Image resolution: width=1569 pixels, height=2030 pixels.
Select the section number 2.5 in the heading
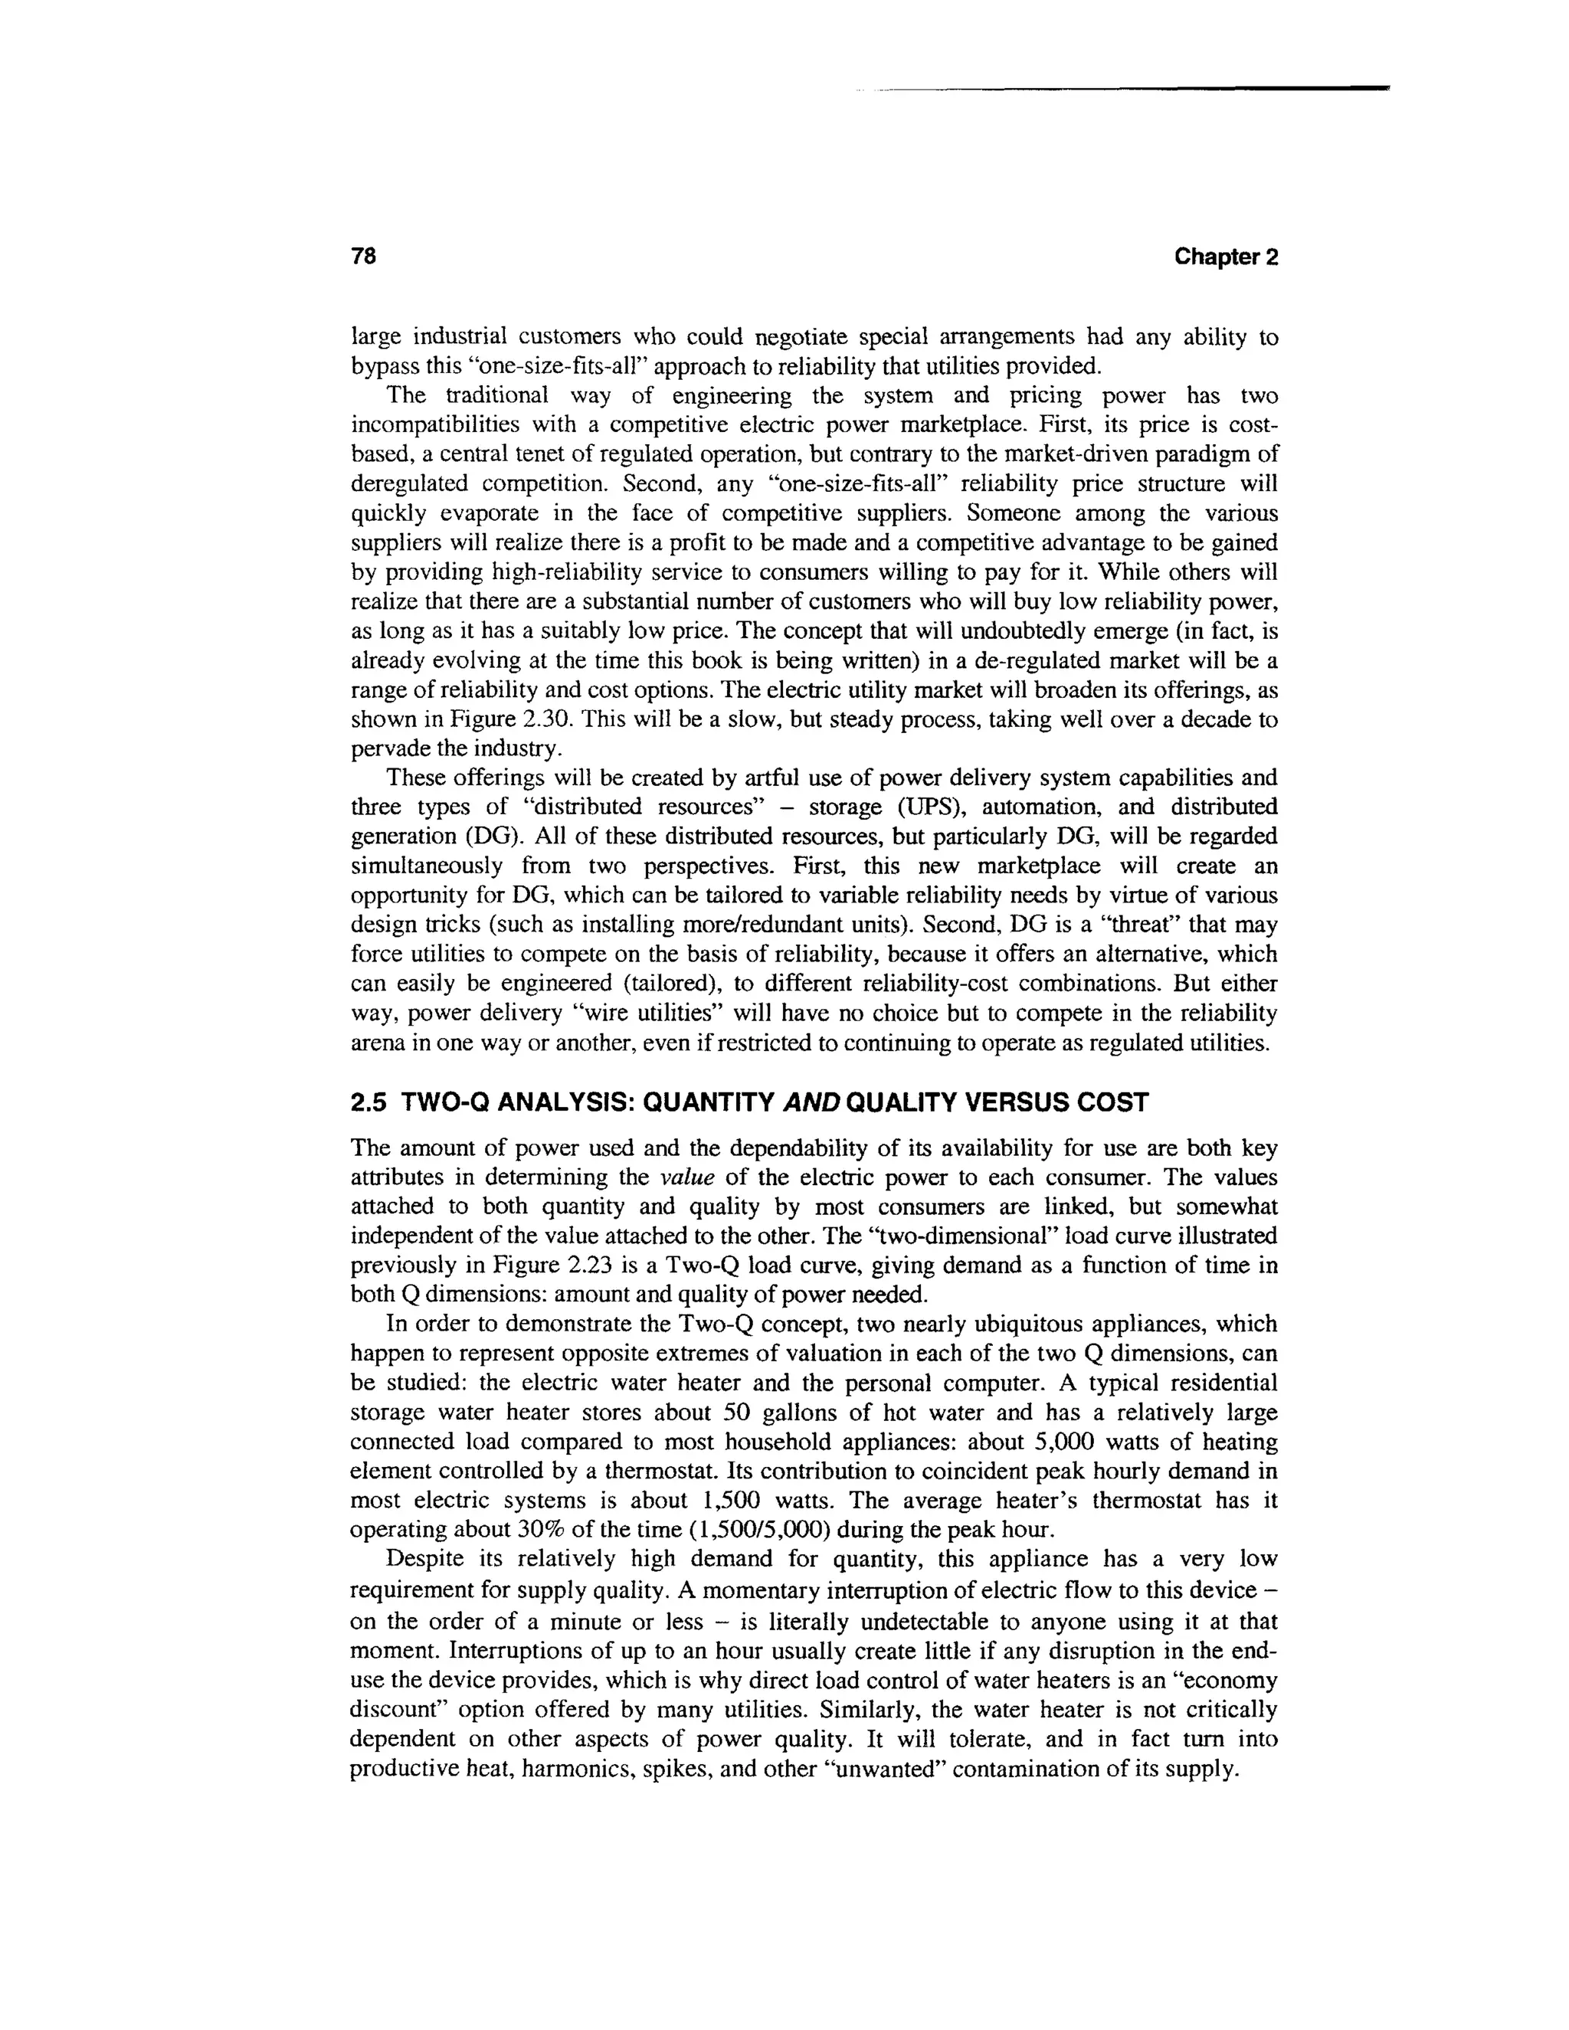click(x=370, y=1102)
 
